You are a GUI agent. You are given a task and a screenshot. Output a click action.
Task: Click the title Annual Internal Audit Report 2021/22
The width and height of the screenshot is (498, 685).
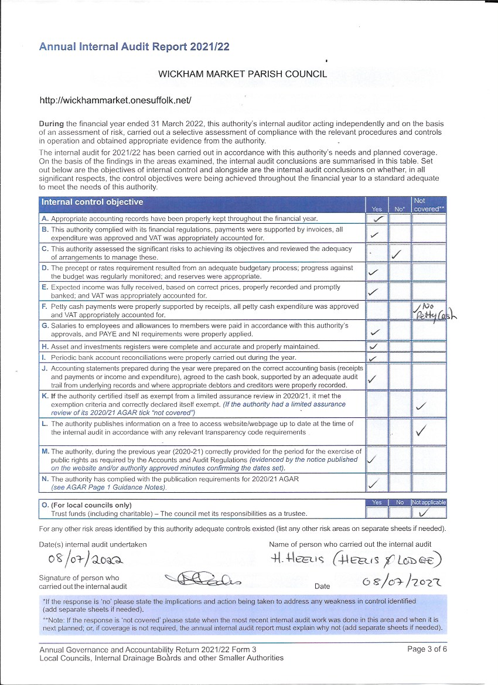click(x=134, y=47)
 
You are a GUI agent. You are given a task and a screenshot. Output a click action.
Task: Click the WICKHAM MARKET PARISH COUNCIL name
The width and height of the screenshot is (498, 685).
click(x=243, y=74)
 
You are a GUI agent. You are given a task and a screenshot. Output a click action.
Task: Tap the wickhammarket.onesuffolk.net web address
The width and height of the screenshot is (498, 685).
click(x=115, y=100)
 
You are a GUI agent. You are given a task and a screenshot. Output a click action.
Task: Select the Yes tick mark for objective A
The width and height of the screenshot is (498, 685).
click(x=378, y=219)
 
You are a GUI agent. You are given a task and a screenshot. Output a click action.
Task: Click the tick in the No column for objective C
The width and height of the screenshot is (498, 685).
click(x=397, y=254)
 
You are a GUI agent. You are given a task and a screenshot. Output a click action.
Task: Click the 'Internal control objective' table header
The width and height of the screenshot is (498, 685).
click(x=91, y=203)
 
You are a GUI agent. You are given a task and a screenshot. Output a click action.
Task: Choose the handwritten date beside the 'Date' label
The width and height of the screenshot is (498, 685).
click(x=401, y=582)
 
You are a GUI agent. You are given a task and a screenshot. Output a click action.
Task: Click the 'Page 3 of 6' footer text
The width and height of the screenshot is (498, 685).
click(x=427, y=649)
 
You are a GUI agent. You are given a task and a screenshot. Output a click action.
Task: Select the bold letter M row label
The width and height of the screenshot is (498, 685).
click(x=45, y=452)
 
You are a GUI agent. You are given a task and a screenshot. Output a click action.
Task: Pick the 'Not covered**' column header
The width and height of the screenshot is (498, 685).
click(x=428, y=205)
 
